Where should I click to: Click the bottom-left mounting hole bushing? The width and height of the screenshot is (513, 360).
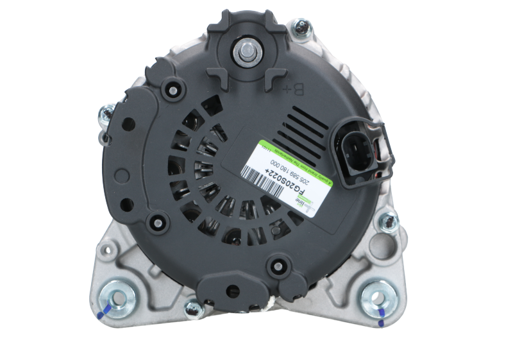coord(117,296)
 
